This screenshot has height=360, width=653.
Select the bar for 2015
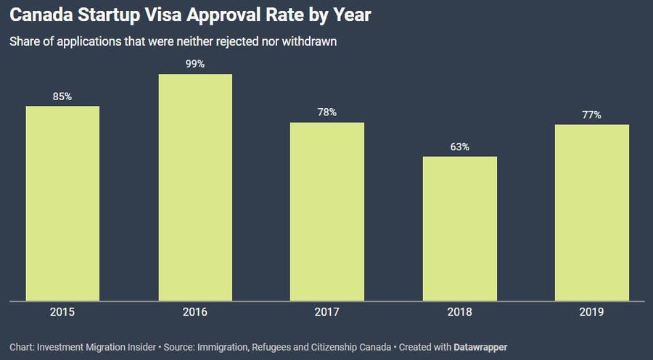[x=62, y=203]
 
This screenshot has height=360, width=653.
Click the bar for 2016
[x=195, y=187]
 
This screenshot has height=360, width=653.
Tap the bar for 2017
[x=327, y=211]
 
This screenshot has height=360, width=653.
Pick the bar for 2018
[x=460, y=228]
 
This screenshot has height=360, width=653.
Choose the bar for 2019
[x=592, y=212]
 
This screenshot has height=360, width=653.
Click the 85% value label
[x=62, y=97]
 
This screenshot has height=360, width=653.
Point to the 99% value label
[x=195, y=64]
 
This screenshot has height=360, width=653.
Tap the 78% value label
[x=327, y=112]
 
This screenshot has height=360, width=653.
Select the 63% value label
[x=460, y=147]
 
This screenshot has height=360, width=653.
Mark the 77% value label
[x=592, y=115]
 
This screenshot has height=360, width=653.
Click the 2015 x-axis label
[x=62, y=312]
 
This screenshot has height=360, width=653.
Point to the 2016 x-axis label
[x=195, y=312]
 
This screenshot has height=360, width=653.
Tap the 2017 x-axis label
[x=327, y=312]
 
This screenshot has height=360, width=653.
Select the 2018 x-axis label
[x=460, y=312]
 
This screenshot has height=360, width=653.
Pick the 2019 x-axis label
[x=592, y=312]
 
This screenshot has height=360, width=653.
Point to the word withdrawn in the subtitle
[x=311, y=41]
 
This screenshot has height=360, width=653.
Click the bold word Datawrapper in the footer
[x=480, y=347]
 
